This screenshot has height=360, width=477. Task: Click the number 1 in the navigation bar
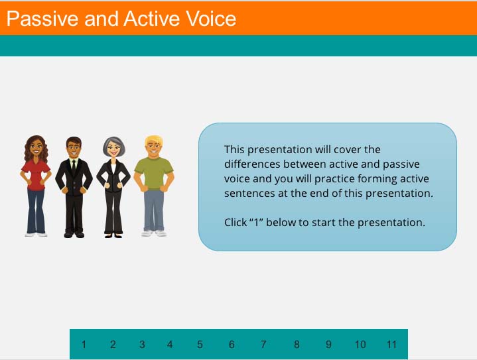(x=84, y=344)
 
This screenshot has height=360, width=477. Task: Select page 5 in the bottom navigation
(x=200, y=344)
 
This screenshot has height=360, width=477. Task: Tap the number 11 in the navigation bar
(x=391, y=344)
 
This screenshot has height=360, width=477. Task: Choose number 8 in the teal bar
(x=297, y=344)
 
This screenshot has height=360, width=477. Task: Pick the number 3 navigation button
(x=142, y=344)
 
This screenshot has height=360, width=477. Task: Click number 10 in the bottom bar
(x=360, y=344)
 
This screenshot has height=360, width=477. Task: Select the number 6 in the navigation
(x=232, y=344)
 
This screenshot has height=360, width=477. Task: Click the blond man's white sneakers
(x=153, y=233)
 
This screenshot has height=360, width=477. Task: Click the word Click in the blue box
(x=235, y=222)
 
